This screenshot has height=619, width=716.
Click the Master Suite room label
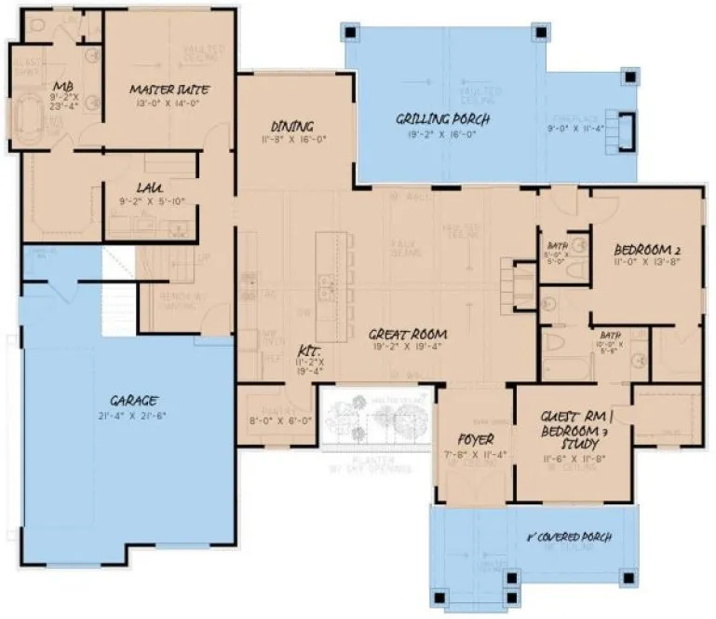pos(169,89)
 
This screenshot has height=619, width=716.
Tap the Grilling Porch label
pos(442,119)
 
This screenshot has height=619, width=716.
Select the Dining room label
pos(291,126)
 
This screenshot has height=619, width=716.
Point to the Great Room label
pos(407,333)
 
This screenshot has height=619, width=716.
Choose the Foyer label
pos(475,438)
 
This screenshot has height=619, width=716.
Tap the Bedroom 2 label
pos(649,250)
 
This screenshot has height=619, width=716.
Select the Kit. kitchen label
pos(308,351)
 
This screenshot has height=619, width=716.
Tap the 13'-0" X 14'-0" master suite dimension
pos(169,104)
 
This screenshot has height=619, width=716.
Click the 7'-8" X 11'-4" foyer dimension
pos(475,455)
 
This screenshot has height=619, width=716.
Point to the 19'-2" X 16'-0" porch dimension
pos(442,134)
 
